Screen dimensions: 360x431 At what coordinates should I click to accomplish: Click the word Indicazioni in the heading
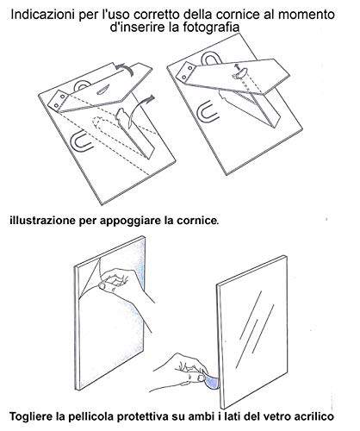pos(43,15)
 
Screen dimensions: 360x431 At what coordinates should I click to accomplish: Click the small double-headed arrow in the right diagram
pos(238,67)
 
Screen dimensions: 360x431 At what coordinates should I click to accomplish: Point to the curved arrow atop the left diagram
pos(124,68)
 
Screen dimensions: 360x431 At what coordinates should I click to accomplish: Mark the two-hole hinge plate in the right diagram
pos(188,71)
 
